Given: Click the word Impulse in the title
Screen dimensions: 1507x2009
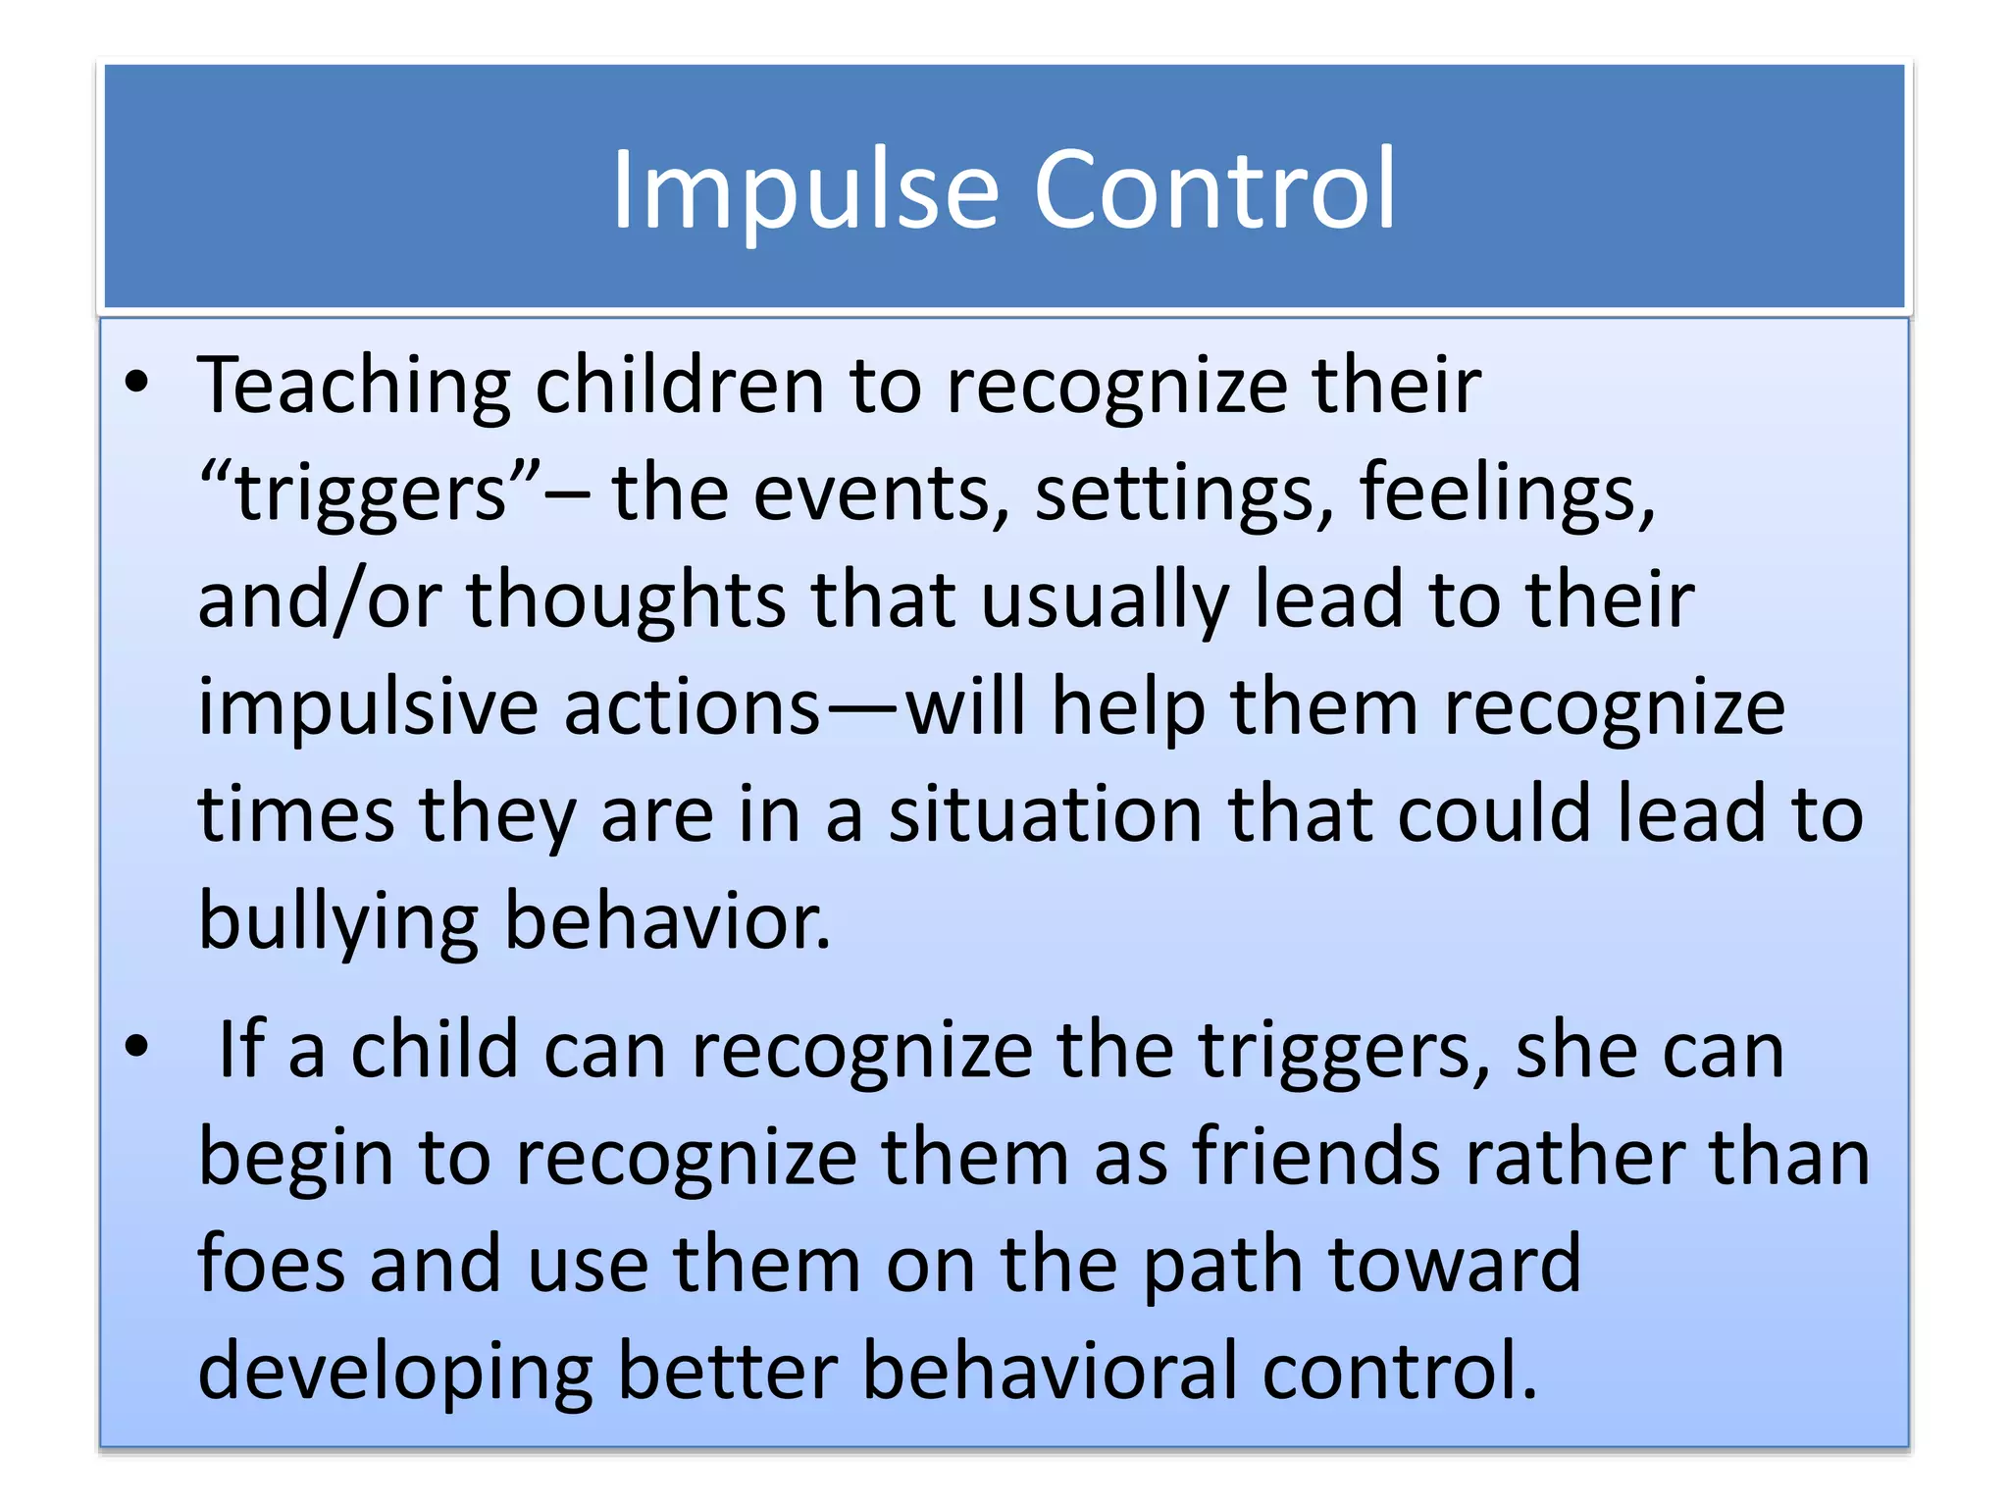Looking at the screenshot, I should [804, 191].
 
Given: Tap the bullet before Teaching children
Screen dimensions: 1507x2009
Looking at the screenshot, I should [137, 383].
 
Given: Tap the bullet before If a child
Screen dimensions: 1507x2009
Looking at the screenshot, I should [137, 1047].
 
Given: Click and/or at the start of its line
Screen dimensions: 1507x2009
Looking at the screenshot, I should [319, 600].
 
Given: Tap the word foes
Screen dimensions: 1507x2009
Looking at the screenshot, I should [271, 1265].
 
